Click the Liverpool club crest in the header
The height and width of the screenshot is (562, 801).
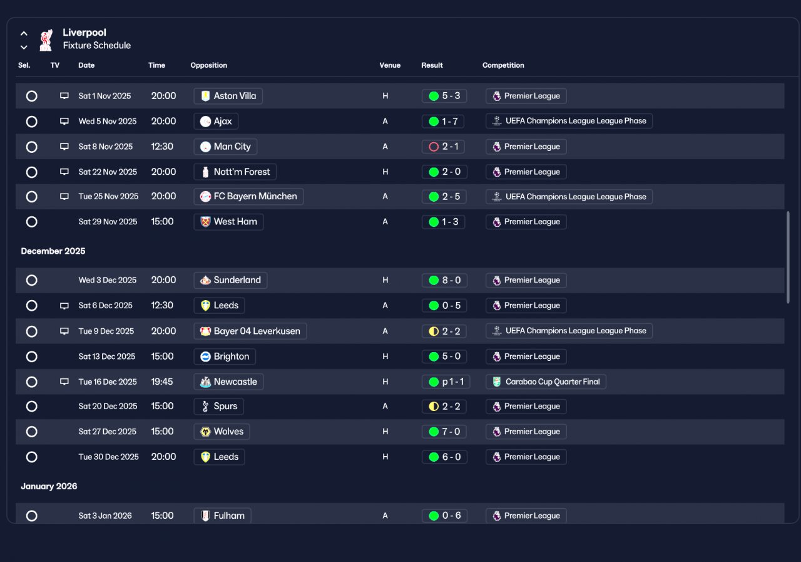coord(46,40)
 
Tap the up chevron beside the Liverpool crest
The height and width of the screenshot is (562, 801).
coord(24,34)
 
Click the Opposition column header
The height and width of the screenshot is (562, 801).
coord(208,65)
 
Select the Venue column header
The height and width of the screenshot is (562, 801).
coord(390,65)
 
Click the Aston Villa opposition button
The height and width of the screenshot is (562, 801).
coord(228,96)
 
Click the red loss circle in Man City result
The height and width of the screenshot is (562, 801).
coord(434,147)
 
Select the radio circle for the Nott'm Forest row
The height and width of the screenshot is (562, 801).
coord(31,172)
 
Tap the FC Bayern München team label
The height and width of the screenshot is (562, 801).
coord(248,197)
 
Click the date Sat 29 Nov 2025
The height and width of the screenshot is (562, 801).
coord(108,222)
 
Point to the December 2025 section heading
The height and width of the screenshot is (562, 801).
coord(53,251)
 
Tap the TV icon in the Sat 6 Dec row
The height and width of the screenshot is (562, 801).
coord(64,306)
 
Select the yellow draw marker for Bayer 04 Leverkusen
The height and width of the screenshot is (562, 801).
coord(434,331)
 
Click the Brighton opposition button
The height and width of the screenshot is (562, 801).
coord(225,356)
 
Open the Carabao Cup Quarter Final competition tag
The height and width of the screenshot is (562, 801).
coord(546,382)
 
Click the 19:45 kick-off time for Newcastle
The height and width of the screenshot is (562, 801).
coord(162,382)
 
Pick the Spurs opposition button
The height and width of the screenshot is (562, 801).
coord(219,406)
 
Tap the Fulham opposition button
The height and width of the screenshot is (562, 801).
coord(222,516)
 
